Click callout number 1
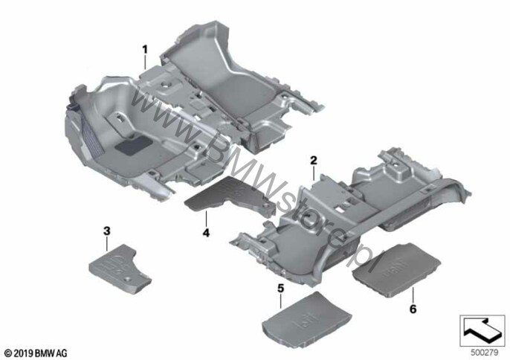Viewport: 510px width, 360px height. [x=145, y=50]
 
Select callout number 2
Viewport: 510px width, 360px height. [x=314, y=160]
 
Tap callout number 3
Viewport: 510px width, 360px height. [x=107, y=231]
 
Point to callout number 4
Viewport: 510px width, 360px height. [x=206, y=233]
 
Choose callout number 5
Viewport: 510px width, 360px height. [x=280, y=289]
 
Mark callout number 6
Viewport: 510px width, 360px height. [x=413, y=309]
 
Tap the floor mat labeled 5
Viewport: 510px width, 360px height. [x=306, y=317]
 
